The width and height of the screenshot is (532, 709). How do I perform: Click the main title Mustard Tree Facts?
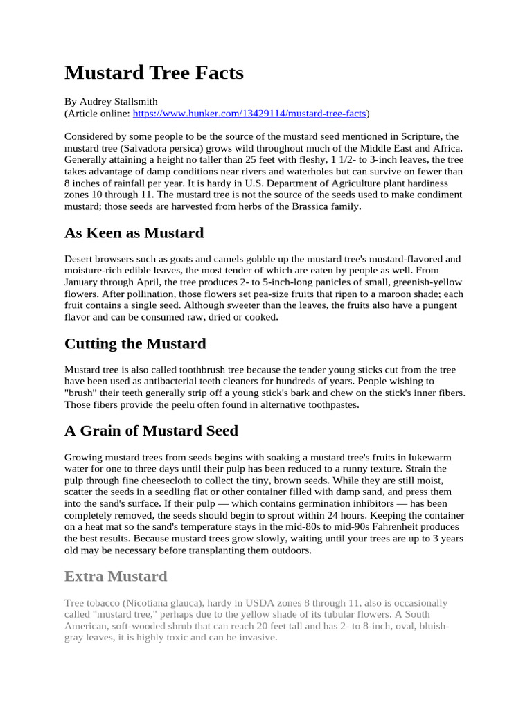point(154,73)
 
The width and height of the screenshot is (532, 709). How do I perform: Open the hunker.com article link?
point(249,113)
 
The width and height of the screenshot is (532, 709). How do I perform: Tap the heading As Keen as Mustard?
point(134,233)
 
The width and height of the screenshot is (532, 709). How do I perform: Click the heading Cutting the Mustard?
point(135,344)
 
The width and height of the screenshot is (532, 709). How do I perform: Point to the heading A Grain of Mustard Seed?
point(151,431)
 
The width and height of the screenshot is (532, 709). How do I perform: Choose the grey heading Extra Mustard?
point(116,576)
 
